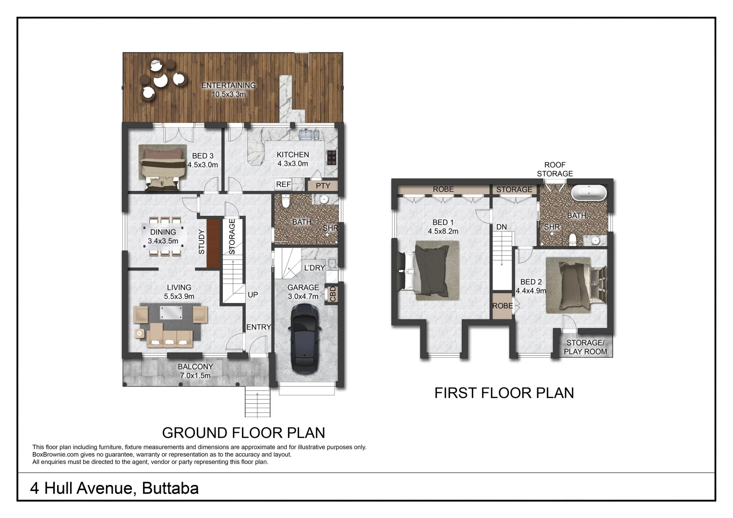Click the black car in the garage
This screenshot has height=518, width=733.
pos(305,339)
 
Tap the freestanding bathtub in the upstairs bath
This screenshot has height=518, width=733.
pos(589,193)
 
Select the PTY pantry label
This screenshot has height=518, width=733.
pos(323,186)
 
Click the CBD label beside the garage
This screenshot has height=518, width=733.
pos(333,294)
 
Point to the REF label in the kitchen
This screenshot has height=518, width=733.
pos(283,184)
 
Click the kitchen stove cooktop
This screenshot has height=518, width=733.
pos(331,157)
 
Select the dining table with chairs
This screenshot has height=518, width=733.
pos(163,236)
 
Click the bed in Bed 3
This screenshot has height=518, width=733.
pos(162,167)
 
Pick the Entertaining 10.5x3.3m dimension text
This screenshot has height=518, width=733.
pos(228,94)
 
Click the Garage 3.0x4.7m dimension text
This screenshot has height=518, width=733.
pos(303,296)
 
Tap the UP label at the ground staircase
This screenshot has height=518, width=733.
pos(252,294)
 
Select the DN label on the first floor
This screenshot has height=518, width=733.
pos(501,227)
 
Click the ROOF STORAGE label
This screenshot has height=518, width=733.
pos(554,169)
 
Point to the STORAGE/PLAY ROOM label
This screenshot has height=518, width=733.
pos(585,347)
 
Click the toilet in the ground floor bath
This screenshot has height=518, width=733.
pos(286,202)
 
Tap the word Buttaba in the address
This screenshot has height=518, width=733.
pos(170,488)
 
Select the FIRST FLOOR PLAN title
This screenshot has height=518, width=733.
pos(504,393)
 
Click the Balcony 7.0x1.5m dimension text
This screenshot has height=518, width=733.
pos(195,376)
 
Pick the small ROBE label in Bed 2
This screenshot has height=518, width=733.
pos(502,306)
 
